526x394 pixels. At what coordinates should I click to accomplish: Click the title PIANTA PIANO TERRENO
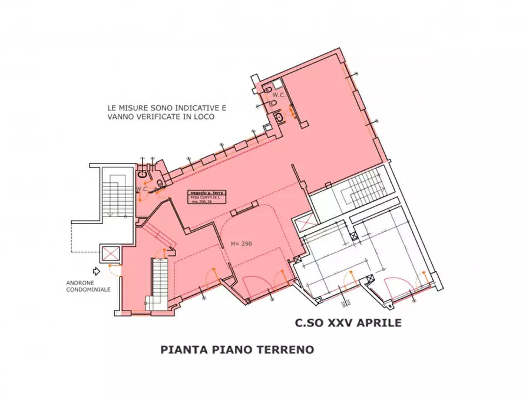tap(237, 349)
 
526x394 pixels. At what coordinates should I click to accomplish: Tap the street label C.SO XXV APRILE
tap(348, 322)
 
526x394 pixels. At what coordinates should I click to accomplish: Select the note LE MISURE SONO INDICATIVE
tap(166, 108)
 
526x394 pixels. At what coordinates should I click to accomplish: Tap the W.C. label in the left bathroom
tap(141, 189)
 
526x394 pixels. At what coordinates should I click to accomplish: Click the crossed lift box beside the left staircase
tap(110, 254)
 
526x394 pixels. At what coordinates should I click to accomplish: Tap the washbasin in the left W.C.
tap(143, 174)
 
